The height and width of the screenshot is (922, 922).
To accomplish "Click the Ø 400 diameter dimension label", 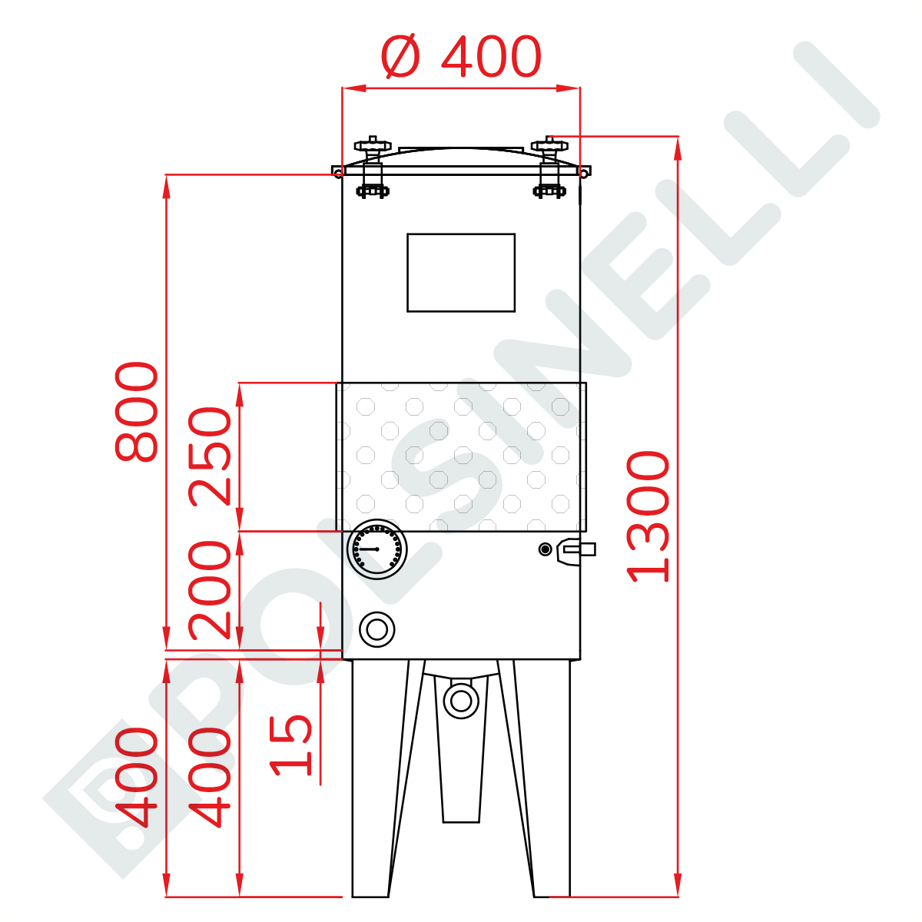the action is [461, 56].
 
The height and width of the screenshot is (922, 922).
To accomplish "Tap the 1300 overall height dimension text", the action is [648, 517].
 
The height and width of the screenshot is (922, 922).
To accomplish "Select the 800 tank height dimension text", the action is [136, 412].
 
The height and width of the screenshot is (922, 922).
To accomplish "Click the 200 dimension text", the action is [210, 590].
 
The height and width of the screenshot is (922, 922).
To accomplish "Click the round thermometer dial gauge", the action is [377, 549].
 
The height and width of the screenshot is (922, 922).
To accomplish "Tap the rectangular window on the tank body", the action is [461, 273].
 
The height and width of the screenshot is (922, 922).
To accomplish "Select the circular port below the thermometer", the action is [377, 630].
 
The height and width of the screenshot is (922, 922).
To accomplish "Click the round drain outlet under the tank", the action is [461, 701].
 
